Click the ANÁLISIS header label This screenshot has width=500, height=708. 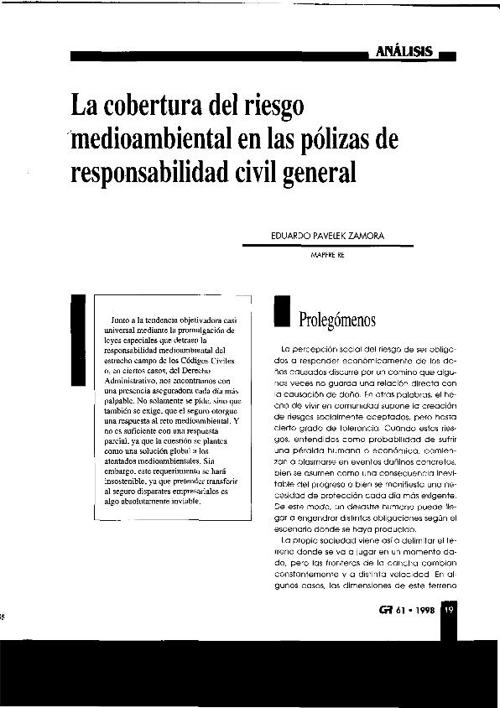[404, 51]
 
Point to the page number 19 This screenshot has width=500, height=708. [449, 610]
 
